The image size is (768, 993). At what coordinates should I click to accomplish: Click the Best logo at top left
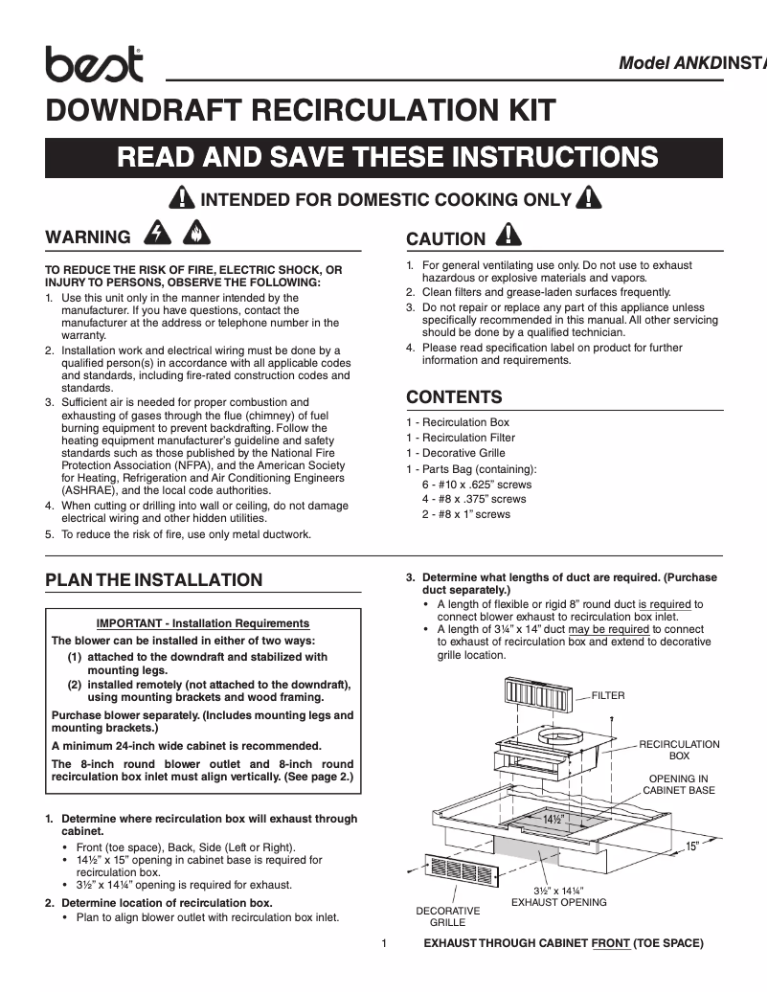pyautogui.click(x=94, y=64)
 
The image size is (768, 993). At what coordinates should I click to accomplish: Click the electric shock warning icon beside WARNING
pyautogui.click(x=154, y=235)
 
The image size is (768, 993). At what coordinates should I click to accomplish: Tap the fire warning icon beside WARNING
pyautogui.click(x=194, y=235)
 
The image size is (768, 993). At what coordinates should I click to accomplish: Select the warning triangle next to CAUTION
pyautogui.click(x=508, y=236)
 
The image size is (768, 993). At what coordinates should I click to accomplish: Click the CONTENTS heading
pyautogui.click(x=454, y=397)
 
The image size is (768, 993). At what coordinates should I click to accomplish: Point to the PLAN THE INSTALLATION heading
pyautogui.click(x=154, y=579)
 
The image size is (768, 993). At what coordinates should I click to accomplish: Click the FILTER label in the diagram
pyautogui.click(x=608, y=695)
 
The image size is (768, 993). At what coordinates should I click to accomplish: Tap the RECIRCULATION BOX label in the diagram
pyautogui.click(x=679, y=750)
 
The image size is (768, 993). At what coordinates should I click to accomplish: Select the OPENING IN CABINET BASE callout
pyautogui.click(x=678, y=784)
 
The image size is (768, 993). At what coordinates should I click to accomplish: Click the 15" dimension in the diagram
pyautogui.click(x=692, y=846)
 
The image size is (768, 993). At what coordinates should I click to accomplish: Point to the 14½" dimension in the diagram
pyautogui.click(x=553, y=821)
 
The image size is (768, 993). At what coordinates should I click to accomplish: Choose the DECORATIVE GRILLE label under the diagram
pyautogui.click(x=447, y=916)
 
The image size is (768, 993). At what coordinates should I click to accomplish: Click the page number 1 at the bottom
pyautogui.click(x=383, y=943)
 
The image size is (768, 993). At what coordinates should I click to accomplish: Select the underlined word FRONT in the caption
pyautogui.click(x=611, y=943)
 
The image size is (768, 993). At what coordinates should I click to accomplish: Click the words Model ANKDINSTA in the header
pyautogui.click(x=692, y=63)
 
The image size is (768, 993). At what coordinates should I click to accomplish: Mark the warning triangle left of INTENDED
pyautogui.click(x=180, y=199)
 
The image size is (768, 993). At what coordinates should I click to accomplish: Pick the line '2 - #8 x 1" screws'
pyautogui.click(x=466, y=514)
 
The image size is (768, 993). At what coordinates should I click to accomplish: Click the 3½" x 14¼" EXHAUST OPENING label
pyautogui.click(x=558, y=896)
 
